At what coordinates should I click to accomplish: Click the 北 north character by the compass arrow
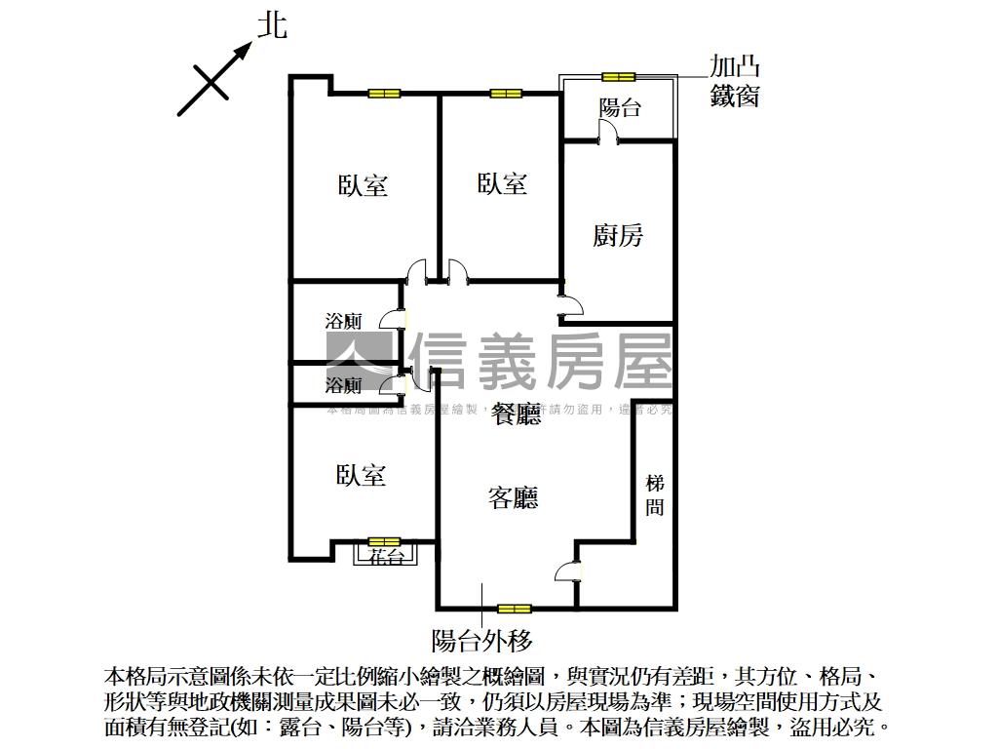272,25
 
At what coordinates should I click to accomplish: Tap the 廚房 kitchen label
618,235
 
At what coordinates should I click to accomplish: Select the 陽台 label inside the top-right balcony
620,107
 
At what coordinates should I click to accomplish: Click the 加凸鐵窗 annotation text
734,82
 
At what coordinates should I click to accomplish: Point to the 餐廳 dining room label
517,414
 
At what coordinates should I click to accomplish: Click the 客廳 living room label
514,498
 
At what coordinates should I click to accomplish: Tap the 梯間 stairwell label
655,495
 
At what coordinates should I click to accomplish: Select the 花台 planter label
387,557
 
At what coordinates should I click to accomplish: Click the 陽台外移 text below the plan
481,641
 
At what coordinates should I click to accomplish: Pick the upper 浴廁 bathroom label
343,321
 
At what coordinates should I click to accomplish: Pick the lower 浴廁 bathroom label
343,385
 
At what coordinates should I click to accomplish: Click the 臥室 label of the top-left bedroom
364,185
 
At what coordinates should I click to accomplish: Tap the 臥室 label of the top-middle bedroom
503,183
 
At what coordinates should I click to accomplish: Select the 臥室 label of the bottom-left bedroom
362,475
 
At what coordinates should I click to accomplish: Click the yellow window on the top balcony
618,76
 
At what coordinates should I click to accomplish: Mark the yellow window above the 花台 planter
384,541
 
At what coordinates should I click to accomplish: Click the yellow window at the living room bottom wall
514,609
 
